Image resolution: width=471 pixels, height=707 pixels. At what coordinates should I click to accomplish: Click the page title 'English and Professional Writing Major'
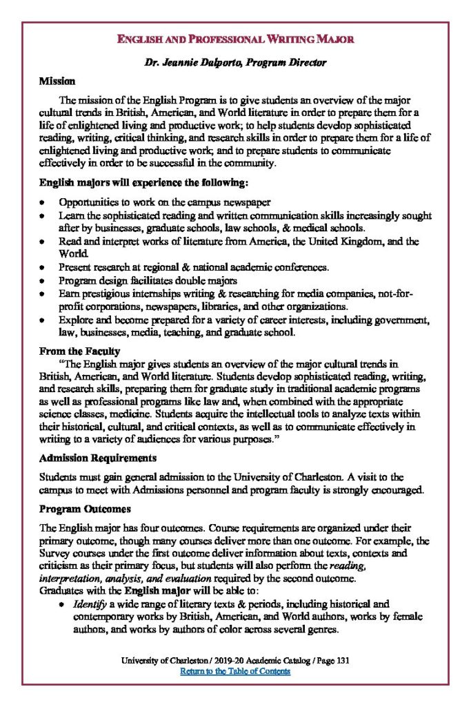click(235, 39)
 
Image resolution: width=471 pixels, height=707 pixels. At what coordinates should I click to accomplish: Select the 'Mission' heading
click(57, 81)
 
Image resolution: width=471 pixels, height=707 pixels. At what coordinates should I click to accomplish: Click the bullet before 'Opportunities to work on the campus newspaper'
click(43, 202)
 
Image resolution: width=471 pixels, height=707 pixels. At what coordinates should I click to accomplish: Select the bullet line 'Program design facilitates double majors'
click(148, 280)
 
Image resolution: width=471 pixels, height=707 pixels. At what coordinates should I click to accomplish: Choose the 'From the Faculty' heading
click(79, 351)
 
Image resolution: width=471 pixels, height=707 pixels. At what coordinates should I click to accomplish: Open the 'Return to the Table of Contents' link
click(235, 671)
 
